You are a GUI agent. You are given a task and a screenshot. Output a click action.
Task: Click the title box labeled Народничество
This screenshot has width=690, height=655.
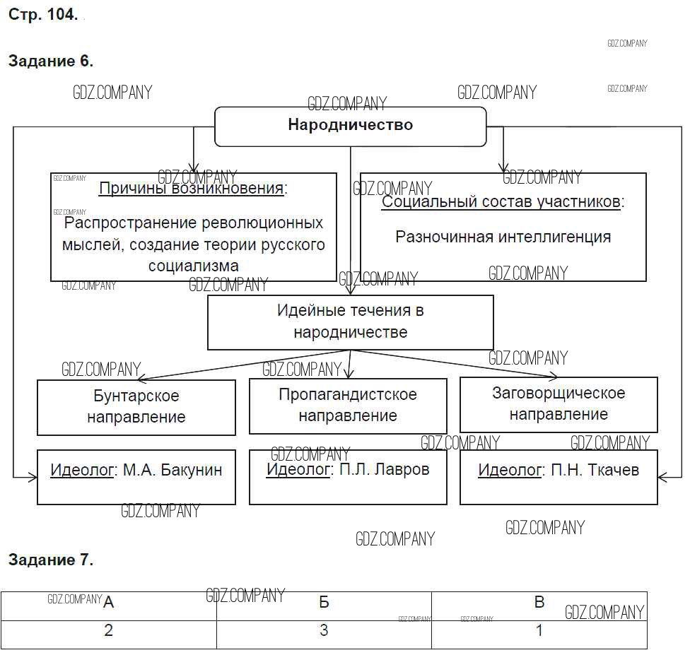[x=350, y=126]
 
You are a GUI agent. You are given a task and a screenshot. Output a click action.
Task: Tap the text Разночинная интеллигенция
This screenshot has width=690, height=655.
[x=503, y=237]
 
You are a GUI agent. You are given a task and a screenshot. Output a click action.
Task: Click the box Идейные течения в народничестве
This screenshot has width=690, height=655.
[x=350, y=321]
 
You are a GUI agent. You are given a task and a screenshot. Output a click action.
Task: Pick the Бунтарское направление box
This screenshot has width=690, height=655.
[x=136, y=407]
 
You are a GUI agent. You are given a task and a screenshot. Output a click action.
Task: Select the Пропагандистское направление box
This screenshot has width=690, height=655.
[x=348, y=406]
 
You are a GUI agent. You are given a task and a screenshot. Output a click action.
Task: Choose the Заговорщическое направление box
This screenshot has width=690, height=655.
[x=559, y=404]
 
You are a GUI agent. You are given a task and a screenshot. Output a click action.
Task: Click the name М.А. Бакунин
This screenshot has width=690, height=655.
[x=172, y=470]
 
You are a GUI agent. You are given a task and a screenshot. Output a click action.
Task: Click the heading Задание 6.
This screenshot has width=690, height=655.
[x=50, y=61]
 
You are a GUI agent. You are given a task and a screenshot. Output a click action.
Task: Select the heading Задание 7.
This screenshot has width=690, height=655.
[x=50, y=560]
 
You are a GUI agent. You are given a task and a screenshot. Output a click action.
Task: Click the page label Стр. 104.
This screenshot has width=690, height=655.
[x=43, y=16]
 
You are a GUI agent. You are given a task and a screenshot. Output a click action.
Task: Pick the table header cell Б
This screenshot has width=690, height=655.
[x=324, y=603]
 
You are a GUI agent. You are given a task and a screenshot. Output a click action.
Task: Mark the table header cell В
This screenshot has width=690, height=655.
[x=539, y=603]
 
